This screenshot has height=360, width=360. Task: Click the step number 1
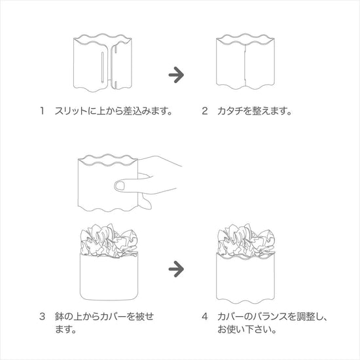coord(42,111)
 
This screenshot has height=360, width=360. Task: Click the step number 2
coord(205,111)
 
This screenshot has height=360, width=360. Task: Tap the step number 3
coord(42,317)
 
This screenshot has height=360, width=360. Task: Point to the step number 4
coord(205,317)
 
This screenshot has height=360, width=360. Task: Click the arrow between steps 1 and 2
coord(176,75)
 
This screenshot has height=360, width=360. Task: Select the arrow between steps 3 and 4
coord(176,269)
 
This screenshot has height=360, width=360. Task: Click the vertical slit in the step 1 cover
coord(102,67)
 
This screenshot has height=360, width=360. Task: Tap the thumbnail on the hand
coord(119,185)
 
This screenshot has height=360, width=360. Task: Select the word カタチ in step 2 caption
coord(230,111)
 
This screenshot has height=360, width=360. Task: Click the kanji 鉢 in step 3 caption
coord(59,317)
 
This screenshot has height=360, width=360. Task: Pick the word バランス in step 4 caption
coord(270,317)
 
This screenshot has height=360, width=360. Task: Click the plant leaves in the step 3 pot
coord(109,240)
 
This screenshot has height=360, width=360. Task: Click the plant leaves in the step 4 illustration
coord(246,240)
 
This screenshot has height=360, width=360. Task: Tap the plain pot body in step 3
coord(109,277)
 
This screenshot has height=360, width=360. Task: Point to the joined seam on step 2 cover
coord(245,65)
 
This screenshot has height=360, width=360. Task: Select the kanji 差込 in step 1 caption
coord(132,111)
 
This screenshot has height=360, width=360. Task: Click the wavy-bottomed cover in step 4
coord(245,277)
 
